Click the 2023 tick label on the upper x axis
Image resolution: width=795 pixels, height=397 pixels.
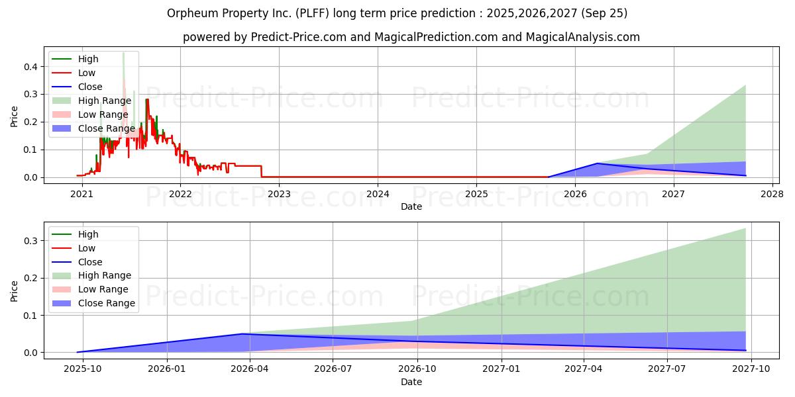click(279, 194)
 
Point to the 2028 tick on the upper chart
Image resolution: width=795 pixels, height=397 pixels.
click(772, 194)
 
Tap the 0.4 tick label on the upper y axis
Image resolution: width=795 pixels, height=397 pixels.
click(29, 67)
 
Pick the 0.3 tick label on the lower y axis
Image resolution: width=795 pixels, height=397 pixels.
click(29, 241)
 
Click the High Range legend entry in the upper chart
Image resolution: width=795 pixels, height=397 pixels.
click(104, 101)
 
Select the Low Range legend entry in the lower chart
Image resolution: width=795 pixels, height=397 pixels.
click(103, 289)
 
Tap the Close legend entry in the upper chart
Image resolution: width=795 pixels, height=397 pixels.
click(90, 87)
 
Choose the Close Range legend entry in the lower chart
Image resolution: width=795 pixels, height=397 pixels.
click(106, 303)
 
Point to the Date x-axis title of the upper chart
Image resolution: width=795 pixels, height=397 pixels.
click(411, 207)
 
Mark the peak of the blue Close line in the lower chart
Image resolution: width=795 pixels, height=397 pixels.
click(242, 334)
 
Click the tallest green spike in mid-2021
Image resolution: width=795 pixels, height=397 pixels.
click(123, 53)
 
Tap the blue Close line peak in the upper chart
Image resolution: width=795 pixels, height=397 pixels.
click(598, 163)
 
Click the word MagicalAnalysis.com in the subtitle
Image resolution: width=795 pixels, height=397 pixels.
click(582, 37)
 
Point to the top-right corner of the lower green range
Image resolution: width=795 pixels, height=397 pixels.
click(745, 228)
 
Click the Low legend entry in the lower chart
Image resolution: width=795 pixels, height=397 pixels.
click(87, 248)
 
